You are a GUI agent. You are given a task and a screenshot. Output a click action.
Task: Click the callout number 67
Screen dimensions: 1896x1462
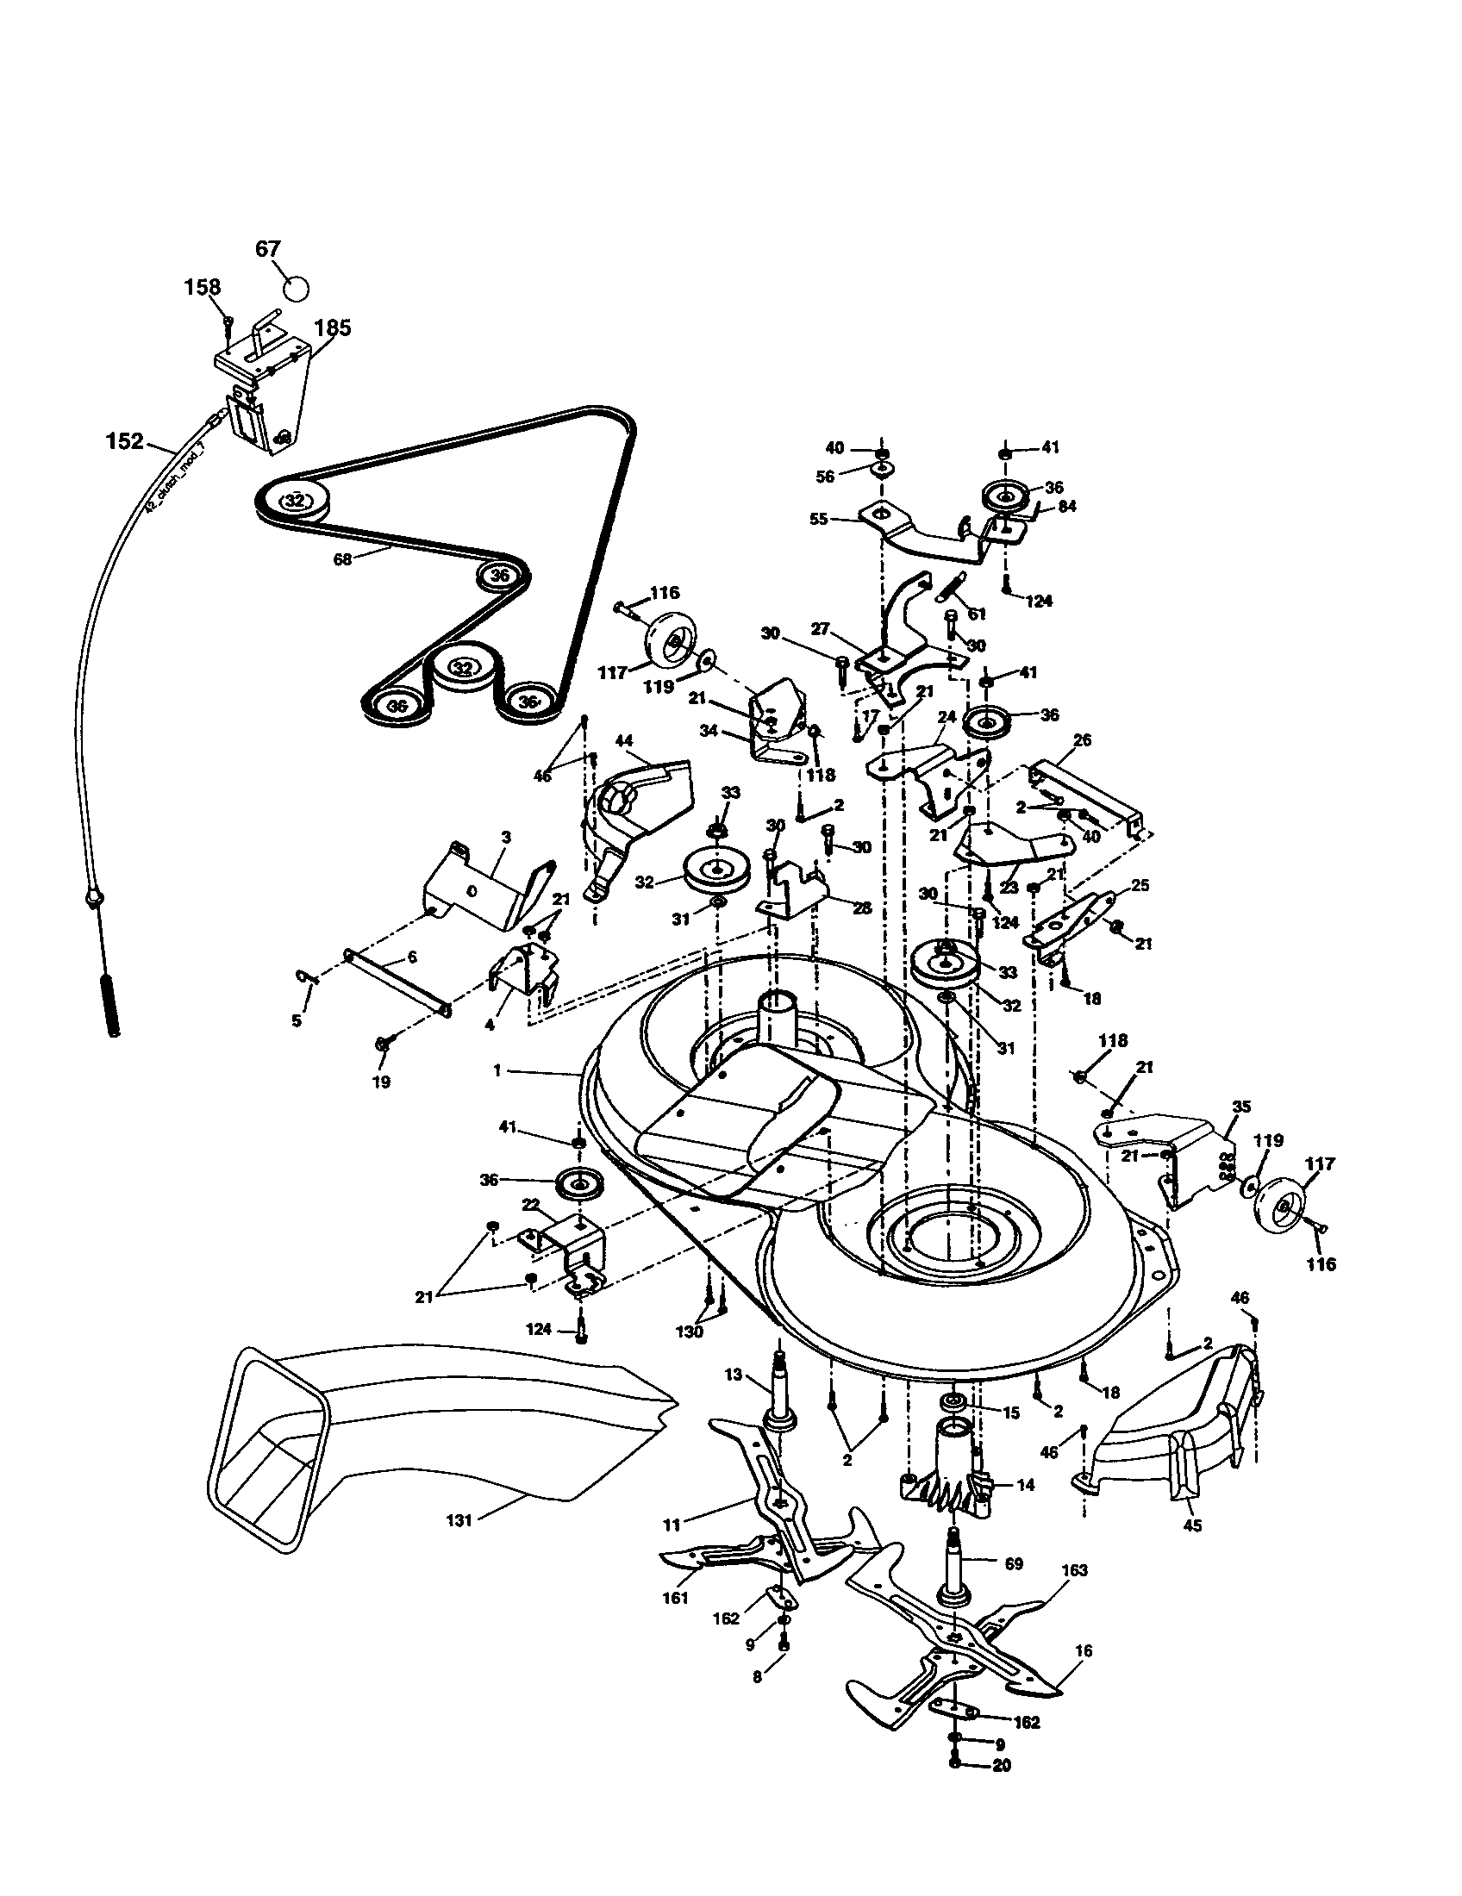pos(268,249)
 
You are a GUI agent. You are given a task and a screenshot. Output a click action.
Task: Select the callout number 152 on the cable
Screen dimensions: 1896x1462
pos(124,441)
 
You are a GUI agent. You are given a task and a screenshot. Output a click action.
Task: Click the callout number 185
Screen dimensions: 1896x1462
pos(333,327)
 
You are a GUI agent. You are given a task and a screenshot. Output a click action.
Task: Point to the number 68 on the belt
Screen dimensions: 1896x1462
pos(343,560)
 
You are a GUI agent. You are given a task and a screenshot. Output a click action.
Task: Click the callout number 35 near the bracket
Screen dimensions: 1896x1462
pos(1241,1107)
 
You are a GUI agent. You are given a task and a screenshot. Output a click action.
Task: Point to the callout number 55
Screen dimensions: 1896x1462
pos(819,520)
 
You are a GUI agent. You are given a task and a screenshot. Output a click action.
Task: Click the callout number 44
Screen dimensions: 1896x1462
pos(624,740)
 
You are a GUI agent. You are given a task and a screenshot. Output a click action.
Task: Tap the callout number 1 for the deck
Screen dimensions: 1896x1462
pos(497,1071)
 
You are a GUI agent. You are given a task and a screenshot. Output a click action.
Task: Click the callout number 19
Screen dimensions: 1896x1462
pos(381,1082)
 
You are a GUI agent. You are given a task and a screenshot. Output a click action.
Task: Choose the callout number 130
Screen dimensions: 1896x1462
pos(690,1332)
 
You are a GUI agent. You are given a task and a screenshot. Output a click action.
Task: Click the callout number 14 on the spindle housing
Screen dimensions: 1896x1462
pos(1025,1485)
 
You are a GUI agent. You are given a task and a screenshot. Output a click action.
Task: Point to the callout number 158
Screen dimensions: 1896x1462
pos(203,286)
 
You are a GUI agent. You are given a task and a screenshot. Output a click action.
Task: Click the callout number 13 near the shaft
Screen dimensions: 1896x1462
pos(734,1374)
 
